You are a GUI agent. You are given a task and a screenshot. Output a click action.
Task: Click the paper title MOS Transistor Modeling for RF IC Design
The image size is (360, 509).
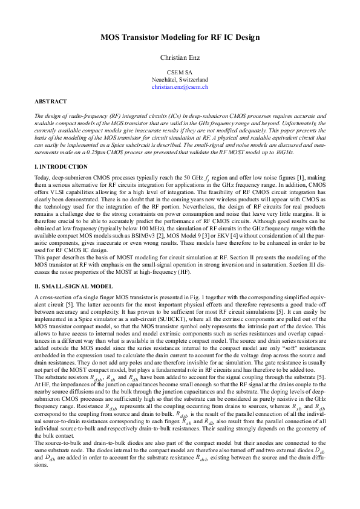(180, 37)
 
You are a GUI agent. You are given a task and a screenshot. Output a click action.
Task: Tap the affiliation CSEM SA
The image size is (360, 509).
(180, 72)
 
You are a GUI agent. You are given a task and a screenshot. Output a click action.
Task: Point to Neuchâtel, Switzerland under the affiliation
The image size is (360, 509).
(180, 79)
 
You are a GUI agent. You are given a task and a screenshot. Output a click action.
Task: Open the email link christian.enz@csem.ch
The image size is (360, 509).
(180, 87)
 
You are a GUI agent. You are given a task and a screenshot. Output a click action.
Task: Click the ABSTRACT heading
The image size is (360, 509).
(50, 102)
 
